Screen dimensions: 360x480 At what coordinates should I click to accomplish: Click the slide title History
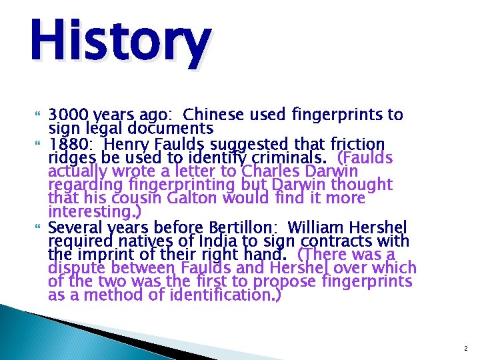tap(120, 41)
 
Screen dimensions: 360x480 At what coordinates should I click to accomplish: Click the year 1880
tap(68, 144)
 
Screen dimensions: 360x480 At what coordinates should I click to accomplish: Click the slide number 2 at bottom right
tap(465, 349)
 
